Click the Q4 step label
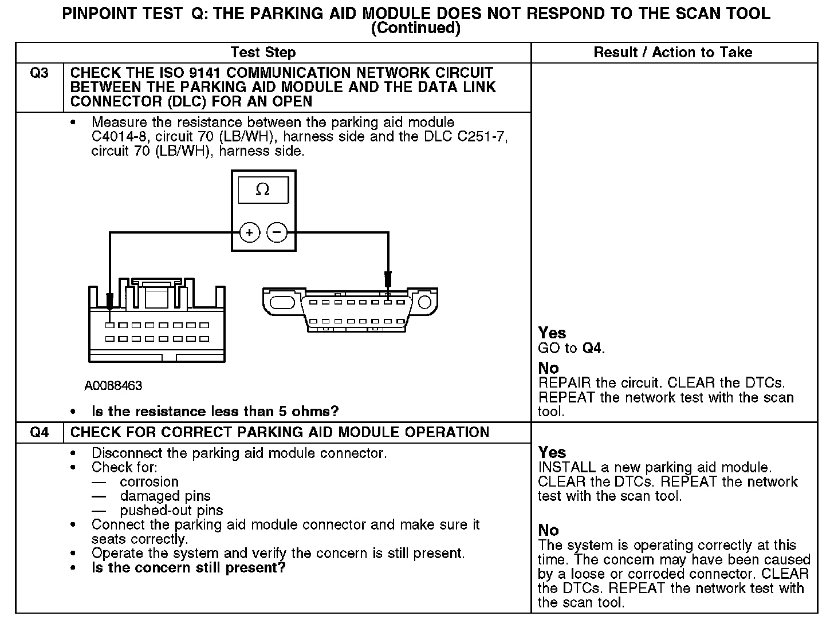pyautogui.click(x=39, y=432)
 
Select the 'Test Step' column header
pyautogui.click(x=263, y=53)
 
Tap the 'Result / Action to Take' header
pyautogui.click(x=673, y=53)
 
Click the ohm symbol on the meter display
pyautogui.click(x=263, y=190)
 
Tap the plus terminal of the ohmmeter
pyautogui.click(x=249, y=233)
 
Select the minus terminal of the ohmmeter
pyautogui.click(x=277, y=233)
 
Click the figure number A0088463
pyautogui.click(x=113, y=386)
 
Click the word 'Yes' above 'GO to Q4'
pyautogui.click(x=552, y=333)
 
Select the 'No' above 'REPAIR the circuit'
pyautogui.click(x=548, y=368)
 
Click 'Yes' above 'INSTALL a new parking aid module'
pyautogui.click(x=552, y=452)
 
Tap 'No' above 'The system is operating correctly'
pyautogui.click(x=548, y=530)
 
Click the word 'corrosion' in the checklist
pyautogui.click(x=149, y=482)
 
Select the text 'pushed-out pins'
pyautogui.click(x=171, y=511)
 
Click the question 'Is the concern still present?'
pyautogui.click(x=188, y=568)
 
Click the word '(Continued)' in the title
pyautogui.click(x=416, y=28)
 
